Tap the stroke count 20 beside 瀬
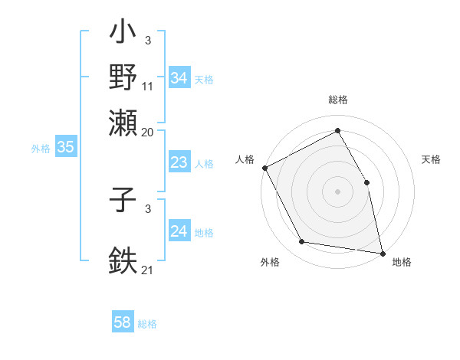click(148, 132)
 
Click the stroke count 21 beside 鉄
click(148, 270)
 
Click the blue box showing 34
click(179, 78)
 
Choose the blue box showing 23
click(179, 162)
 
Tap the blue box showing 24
click(179, 231)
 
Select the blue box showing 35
click(64, 148)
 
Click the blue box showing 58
click(122, 322)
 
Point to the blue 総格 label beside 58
click(147, 324)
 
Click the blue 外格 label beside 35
click(41, 149)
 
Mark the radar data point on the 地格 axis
click(383, 253)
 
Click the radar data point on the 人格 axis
click(264, 168)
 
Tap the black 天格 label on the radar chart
click(432, 159)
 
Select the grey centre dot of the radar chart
click(337, 191)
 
